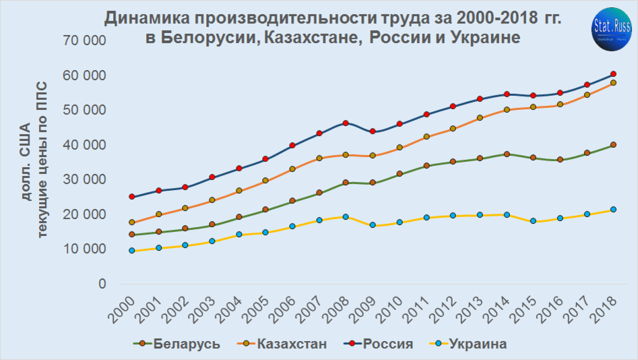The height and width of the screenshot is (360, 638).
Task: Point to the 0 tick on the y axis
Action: click(x=102, y=284)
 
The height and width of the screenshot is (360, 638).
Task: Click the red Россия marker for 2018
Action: click(x=613, y=74)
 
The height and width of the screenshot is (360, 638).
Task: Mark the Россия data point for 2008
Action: click(x=346, y=123)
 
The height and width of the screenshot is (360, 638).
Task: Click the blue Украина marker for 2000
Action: click(x=132, y=251)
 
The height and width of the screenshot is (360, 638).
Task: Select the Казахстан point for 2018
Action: click(x=613, y=83)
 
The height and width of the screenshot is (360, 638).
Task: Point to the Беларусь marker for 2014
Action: click(x=507, y=154)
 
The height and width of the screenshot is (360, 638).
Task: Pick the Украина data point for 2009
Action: click(x=373, y=225)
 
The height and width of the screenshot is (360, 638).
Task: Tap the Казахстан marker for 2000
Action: click(x=132, y=222)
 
